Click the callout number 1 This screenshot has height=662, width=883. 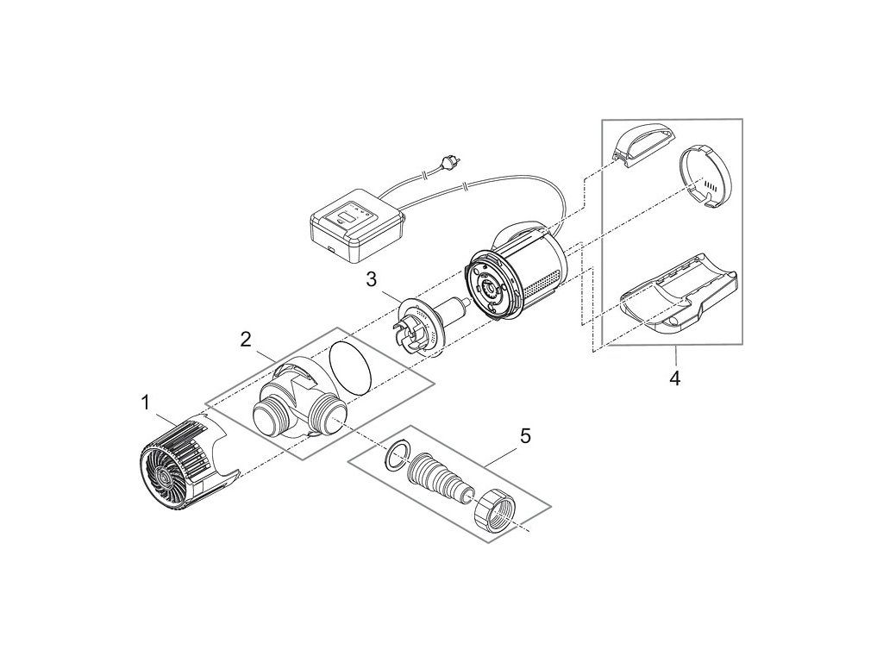click(147, 402)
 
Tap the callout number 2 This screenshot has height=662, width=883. click(246, 339)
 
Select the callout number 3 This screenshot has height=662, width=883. click(371, 278)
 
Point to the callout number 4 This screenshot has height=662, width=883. click(675, 378)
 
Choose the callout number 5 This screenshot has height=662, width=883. click(525, 436)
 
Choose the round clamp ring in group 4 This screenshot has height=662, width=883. click(706, 177)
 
